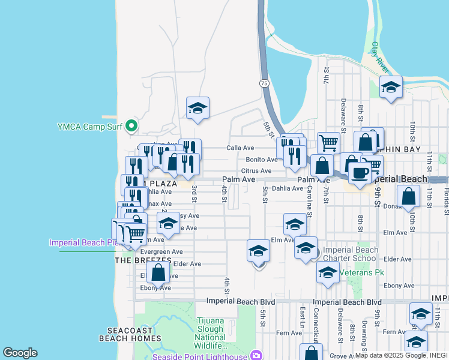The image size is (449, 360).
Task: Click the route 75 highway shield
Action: tap(264, 83)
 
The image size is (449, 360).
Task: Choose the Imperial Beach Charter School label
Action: tap(351, 255)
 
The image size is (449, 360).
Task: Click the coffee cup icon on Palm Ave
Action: tap(359, 173)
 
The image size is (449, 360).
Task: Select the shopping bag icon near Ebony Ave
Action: tap(158, 272)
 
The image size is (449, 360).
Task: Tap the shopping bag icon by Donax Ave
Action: tap(408, 196)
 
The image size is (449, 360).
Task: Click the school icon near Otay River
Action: tap(391, 88)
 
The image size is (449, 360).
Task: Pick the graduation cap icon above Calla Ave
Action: tap(197, 108)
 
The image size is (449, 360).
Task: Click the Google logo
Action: tap(20, 353)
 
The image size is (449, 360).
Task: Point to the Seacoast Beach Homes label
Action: tap(134, 334)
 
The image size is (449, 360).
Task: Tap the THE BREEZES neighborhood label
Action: tap(143, 260)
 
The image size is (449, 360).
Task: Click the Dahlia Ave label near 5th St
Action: tap(288, 188)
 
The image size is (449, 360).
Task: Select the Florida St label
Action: tap(445, 198)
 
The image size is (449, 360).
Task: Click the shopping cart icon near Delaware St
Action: tap(328, 143)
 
